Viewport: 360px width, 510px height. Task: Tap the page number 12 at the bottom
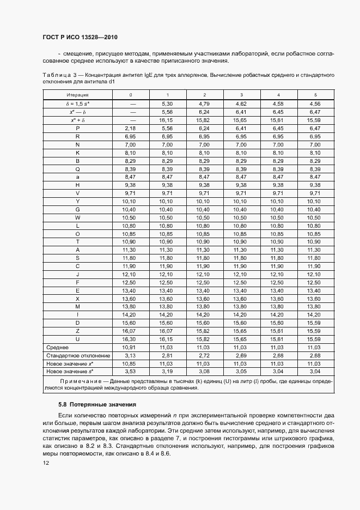[46, 463]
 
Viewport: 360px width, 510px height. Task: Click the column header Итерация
[77, 95]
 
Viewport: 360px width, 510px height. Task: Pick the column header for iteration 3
[242, 95]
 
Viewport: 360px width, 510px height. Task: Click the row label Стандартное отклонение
[77, 355]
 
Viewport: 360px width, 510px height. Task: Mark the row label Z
[78, 331]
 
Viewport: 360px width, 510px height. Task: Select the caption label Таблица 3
[57, 74]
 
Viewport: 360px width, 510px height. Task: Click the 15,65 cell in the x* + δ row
[242, 119]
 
